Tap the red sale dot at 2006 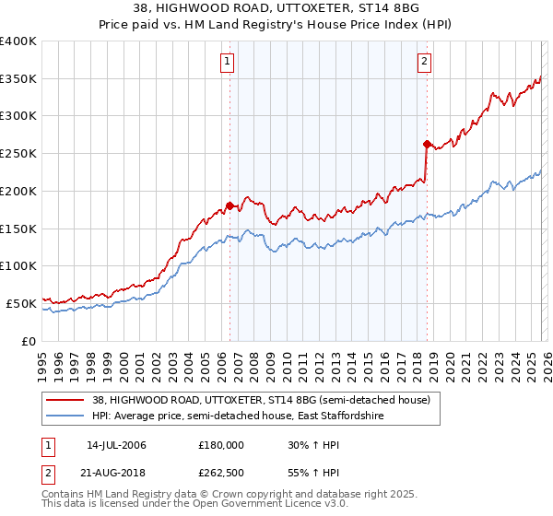pyautogui.click(x=229, y=205)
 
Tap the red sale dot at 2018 pyautogui.click(x=427, y=144)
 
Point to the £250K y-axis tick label pyautogui.click(x=18, y=153)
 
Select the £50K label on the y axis pyautogui.click(x=21, y=302)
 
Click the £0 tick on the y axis pyautogui.click(x=29, y=340)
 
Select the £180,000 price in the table pyautogui.click(x=221, y=445)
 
